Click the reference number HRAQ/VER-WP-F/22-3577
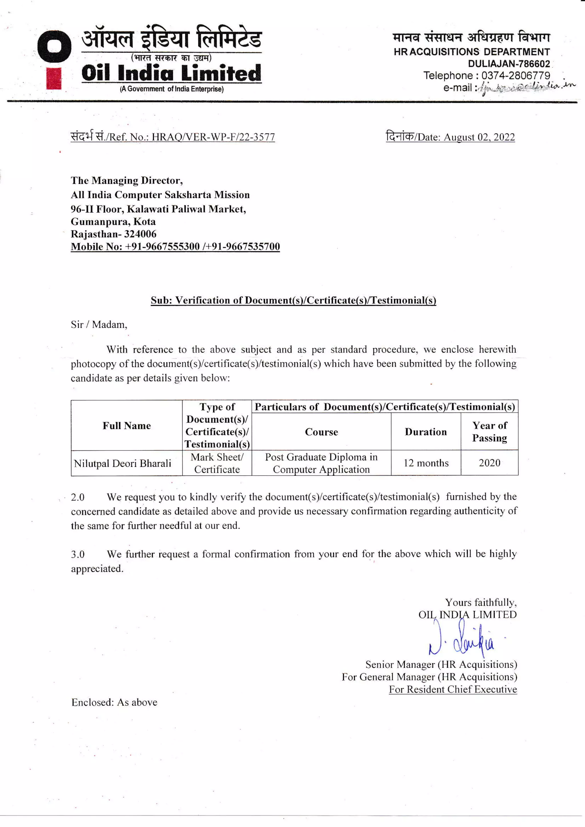pos(213,137)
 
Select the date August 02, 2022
pos(479,137)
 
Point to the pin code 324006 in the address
pos(140,234)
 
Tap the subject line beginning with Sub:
pos(293,300)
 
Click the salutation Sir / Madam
pos(99,325)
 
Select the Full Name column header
pos(127,426)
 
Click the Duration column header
pos(426,432)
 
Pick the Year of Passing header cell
pos(490,432)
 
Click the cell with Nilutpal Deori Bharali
pos(123,464)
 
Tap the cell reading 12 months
pos(426,463)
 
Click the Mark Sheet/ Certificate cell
pos(217,463)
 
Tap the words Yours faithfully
pos(480,603)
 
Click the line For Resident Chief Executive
pos(453,689)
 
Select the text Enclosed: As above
pos(114,702)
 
